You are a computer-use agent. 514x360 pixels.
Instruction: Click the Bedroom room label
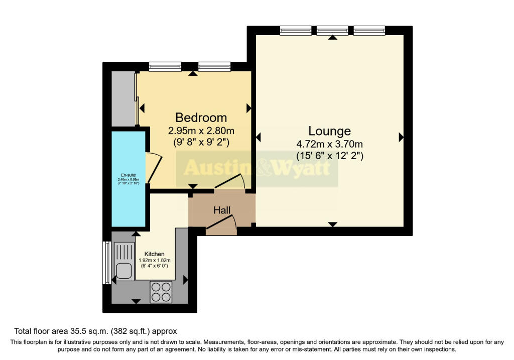click(201, 117)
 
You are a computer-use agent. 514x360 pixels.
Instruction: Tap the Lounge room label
click(329, 131)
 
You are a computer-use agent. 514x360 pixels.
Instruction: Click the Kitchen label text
click(154, 254)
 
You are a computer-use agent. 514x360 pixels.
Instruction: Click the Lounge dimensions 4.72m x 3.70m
click(329, 145)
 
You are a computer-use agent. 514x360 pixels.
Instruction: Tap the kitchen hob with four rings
click(161, 291)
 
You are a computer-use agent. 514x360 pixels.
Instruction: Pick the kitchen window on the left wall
click(105, 263)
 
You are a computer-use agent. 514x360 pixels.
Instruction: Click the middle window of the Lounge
click(332, 31)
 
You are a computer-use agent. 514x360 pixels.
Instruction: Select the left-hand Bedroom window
click(165, 67)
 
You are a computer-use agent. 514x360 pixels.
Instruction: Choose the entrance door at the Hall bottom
click(221, 224)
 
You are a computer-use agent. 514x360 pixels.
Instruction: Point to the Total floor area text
click(95, 331)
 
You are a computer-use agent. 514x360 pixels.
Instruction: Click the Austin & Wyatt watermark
click(257, 167)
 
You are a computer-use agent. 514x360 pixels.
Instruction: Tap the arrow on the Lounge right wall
click(401, 137)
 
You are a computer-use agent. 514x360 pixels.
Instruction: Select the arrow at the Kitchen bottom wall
click(136, 301)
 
